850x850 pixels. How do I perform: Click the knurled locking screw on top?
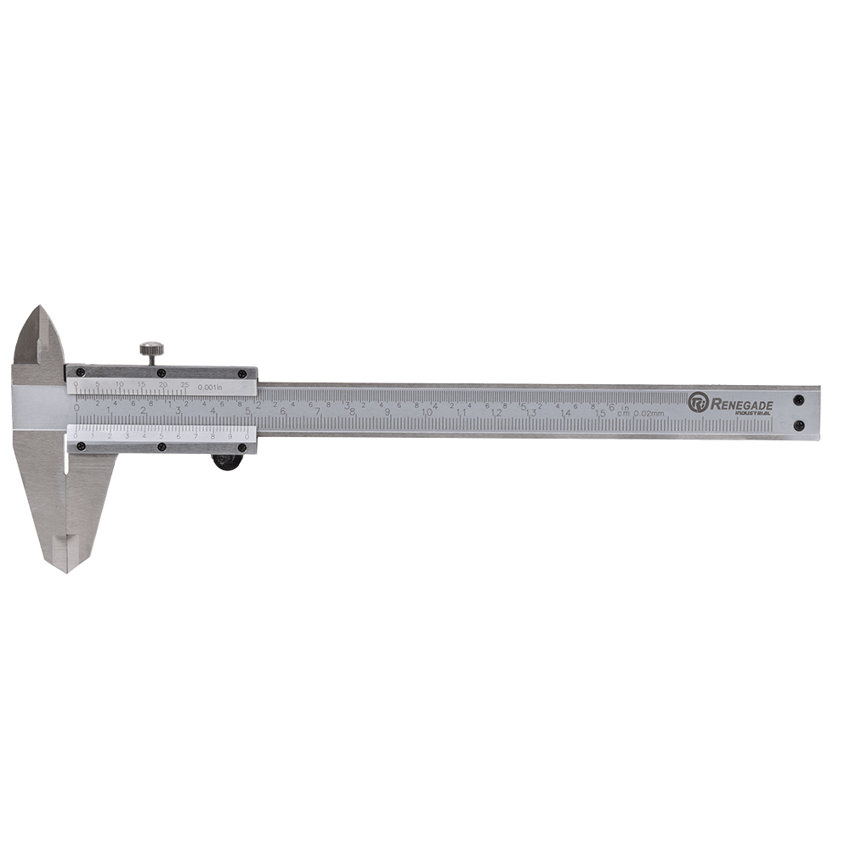click(152, 348)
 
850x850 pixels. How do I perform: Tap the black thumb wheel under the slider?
click(225, 462)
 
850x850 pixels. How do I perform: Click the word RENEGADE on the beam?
click(741, 405)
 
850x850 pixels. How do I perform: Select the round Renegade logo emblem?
click(698, 402)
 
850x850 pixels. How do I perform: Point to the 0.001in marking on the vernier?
click(209, 388)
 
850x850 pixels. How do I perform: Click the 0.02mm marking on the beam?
click(649, 414)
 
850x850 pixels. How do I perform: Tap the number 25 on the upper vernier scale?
click(184, 384)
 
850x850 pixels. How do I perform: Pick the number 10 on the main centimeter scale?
click(427, 411)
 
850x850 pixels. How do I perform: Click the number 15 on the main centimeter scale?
click(600, 412)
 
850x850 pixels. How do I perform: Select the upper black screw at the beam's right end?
click(798, 399)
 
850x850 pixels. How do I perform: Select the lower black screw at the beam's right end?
click(798, 426)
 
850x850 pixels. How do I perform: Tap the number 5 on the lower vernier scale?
click(161, 435)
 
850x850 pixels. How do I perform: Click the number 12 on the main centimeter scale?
click(496, 412)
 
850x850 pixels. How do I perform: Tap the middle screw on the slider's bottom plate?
click(161, 447)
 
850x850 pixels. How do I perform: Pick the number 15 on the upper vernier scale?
click(141, 384)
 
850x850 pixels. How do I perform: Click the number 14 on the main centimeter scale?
click(565, 412)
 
